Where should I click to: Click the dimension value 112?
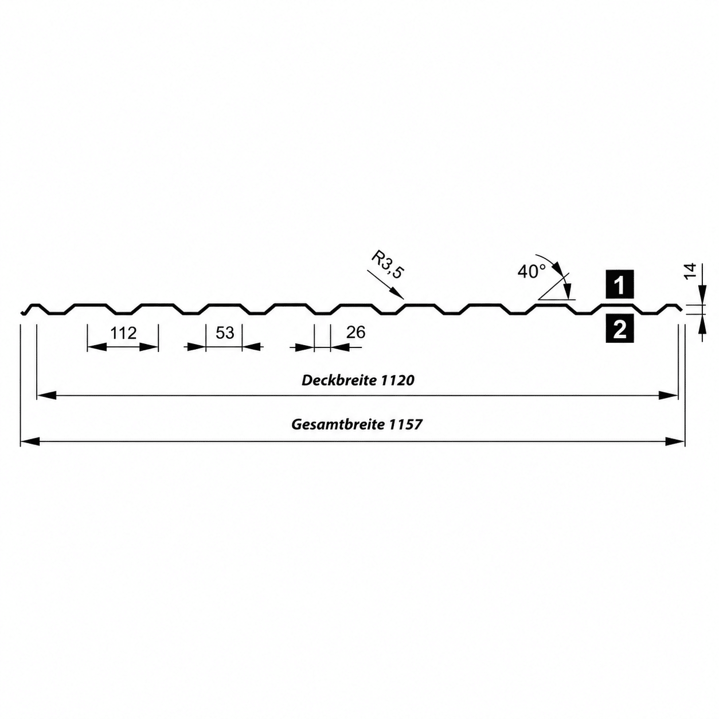(x=123, y=333)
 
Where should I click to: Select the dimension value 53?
(x=225, y=333)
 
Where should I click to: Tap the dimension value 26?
(x=355, y=332)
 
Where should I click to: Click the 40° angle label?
(x=532, y=271)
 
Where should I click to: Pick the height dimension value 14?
(x=690, y=271)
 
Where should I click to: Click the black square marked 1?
(x=620, y=284)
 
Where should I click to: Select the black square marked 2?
(x=620, y=329)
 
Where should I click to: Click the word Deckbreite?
(x=339, y=381)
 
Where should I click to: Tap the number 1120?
(x=398, y=381)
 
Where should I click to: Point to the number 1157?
(x=405, y=425)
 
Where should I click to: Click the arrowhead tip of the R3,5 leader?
(x=404, y=299)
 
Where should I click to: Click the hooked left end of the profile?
(x=25, y=311)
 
